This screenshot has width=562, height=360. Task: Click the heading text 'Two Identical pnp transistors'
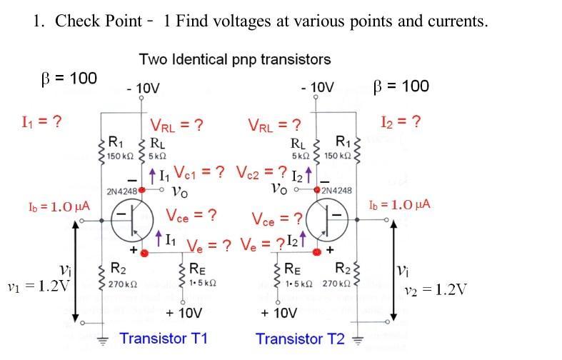235,59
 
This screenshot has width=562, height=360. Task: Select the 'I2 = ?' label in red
401,121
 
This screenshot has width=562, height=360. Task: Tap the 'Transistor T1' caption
164,338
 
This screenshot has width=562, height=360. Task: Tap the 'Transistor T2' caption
300,338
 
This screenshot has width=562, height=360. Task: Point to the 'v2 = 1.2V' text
435,289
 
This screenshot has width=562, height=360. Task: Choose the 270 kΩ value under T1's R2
119,284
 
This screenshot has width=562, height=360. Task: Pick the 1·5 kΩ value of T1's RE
201,284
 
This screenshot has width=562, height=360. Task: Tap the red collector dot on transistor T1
143,190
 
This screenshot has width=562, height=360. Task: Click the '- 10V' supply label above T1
143,89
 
